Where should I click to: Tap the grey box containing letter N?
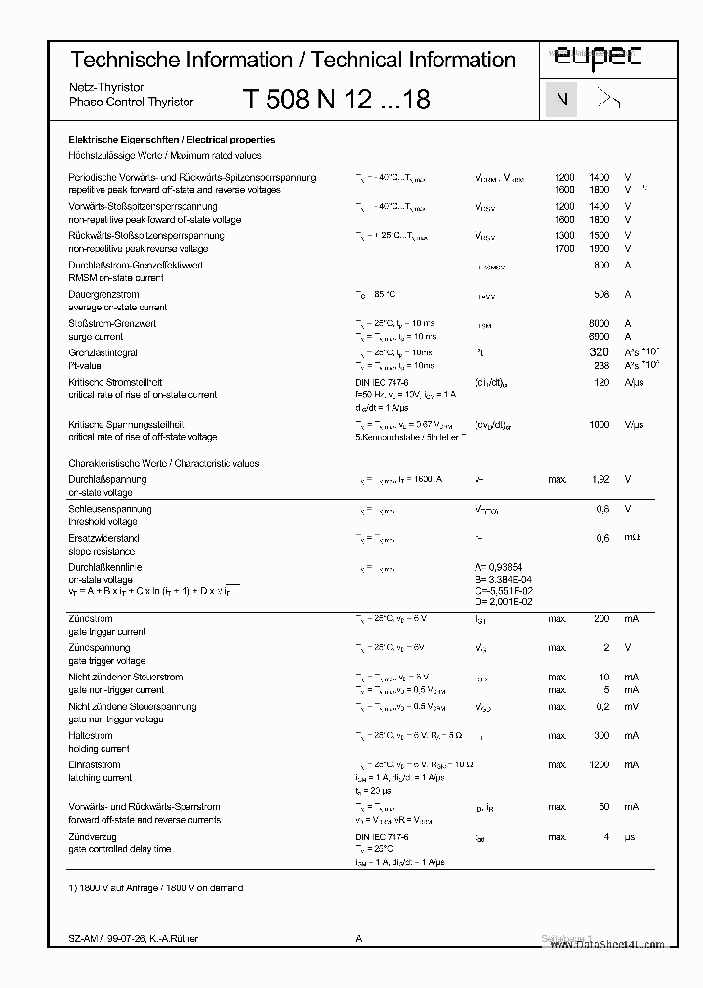560,100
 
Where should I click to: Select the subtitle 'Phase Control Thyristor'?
132,102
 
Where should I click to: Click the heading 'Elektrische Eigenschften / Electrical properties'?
171,140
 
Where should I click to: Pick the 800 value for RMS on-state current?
600,265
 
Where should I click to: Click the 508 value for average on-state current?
600,294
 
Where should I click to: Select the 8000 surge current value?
599,323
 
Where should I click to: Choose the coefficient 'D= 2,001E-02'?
503,602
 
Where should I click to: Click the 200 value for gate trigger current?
600,619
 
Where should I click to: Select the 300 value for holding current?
600,736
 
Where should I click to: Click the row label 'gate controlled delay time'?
119,849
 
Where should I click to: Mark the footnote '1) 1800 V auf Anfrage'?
155,887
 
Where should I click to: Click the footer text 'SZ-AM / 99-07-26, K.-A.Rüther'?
133,938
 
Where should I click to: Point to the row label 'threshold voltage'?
103,522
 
